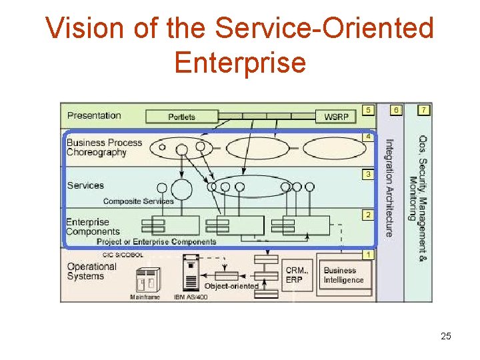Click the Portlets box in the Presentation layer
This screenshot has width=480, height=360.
click(181, 117)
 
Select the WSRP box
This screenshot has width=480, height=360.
click(336, 117)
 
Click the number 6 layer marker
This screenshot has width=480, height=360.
click(397, 109)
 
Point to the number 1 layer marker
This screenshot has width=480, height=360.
click(368, 255)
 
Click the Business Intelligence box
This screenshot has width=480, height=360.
click(344, 275)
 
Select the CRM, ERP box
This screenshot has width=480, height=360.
click(297, 275)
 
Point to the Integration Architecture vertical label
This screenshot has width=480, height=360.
click(389, 187)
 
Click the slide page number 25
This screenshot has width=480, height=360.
click(446, 337)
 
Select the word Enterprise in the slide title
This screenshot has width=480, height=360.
click(240, 63)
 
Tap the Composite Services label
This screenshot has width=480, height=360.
click(138, 201)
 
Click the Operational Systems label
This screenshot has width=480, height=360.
click(91, 271)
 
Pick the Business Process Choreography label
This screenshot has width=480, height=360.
click(104, 147)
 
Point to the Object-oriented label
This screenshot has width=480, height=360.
click(231, 286)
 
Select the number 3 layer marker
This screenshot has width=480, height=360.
click(367, 175)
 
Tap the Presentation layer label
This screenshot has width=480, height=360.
click(94, 115)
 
